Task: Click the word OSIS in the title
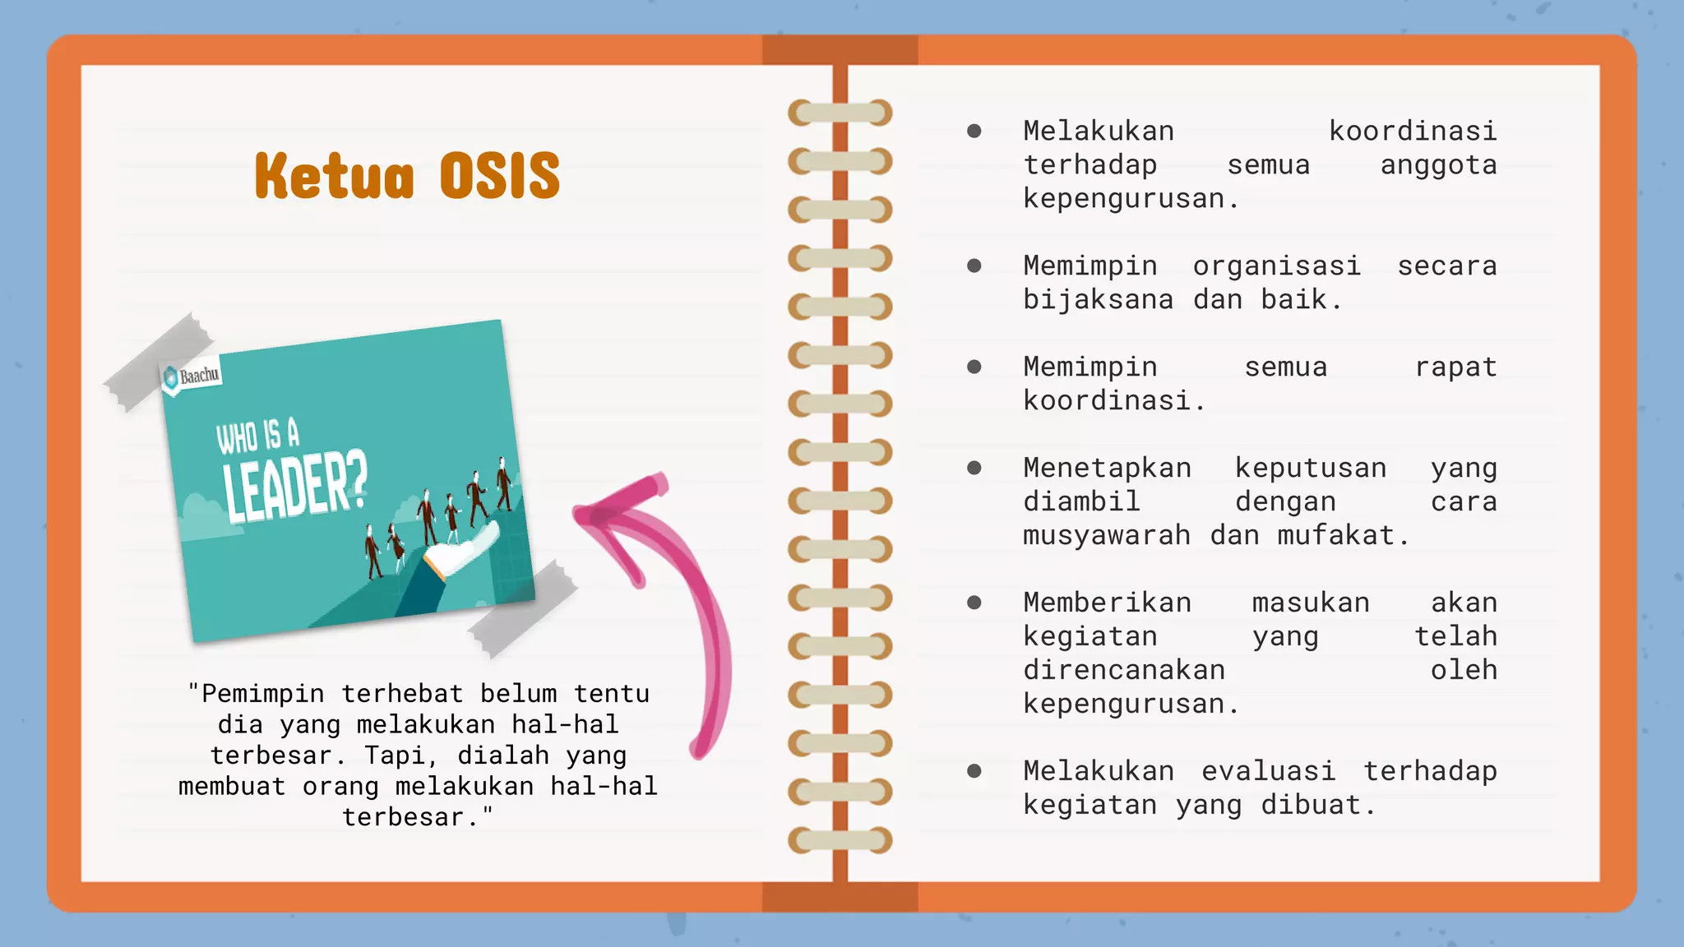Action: click(499, 176)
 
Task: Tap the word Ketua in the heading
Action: click(334, 176)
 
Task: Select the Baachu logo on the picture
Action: click(192, 376)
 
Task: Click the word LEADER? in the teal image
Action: click(295, 487)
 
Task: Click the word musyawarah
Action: click(1106, 535)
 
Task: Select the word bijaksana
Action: click(1098, 299)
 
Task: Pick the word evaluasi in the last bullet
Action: click(1268, 771)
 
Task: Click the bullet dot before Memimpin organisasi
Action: click(974, 266)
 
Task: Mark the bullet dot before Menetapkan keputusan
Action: click(974, 468)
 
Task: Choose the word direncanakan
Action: click(1123, 670)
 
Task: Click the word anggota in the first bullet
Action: click(1438, 164)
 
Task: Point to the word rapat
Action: click(1455, 367)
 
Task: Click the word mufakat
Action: click(1343, 535)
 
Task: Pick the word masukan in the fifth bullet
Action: click(1311, 603)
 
